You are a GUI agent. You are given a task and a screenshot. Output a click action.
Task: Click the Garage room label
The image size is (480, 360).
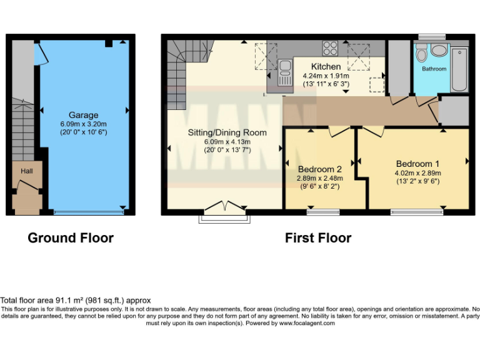pos(83,115)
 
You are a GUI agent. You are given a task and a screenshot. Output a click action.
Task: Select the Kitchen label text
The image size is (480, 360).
pos(326,66)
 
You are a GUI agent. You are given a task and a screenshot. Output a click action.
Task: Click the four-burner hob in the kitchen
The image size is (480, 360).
pos(330,47)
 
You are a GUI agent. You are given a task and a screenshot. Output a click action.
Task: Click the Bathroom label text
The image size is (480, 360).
pos(434,68)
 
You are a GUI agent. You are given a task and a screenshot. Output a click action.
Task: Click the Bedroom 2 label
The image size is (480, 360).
pos(319,169)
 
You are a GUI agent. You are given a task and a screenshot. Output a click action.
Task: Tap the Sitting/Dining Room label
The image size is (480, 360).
pos(227,132)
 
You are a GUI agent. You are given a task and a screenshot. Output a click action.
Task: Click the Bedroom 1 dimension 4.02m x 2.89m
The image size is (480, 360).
pos(417,173)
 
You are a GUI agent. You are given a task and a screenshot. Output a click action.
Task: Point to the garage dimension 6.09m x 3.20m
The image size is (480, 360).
pos(83,124)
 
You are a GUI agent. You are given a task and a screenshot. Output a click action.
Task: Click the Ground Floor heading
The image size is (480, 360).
pos(71,238)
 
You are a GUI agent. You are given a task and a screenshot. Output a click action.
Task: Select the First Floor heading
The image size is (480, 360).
pos(317,238)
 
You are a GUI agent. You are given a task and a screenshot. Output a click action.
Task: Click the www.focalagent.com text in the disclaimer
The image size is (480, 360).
pos(307,323)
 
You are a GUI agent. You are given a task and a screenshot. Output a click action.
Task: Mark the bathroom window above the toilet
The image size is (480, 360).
pos(431,36)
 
